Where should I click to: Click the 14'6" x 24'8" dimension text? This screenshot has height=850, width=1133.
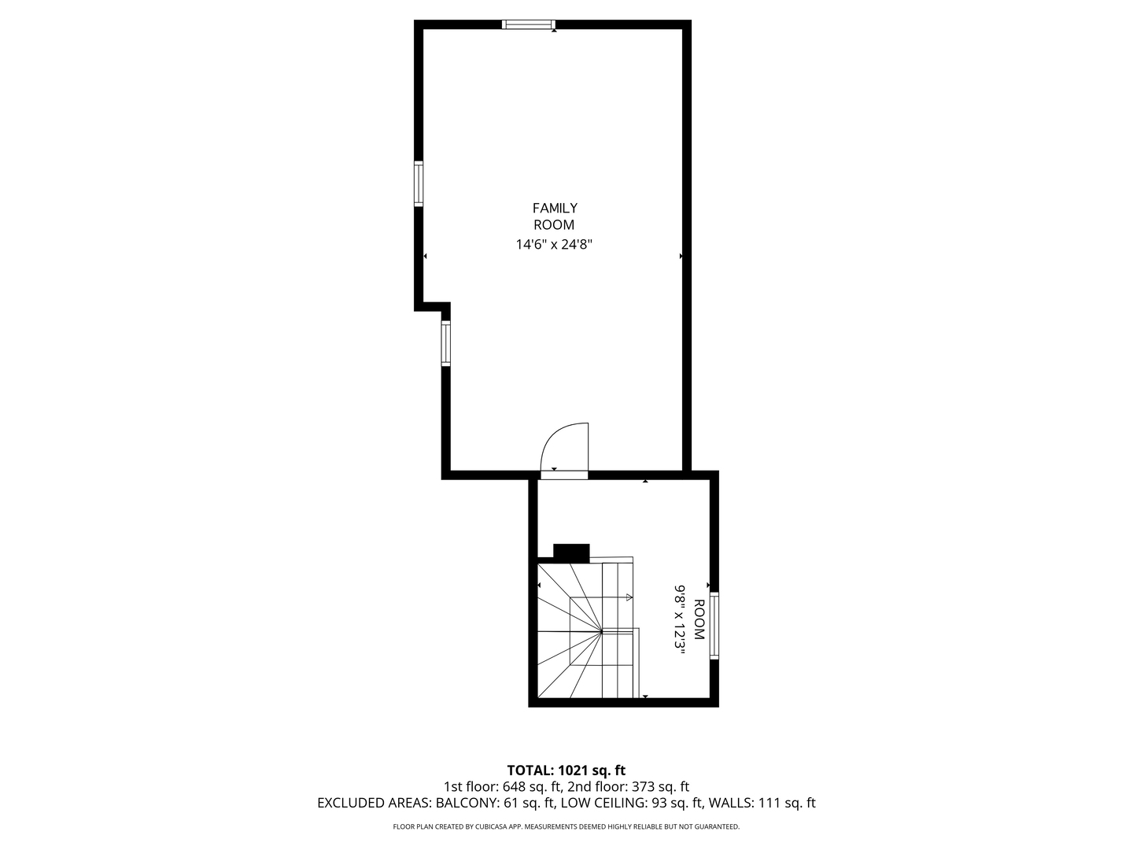click(554, 245)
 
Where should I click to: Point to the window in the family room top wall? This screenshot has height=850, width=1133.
click(529, 24)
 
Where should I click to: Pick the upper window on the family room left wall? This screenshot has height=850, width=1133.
click(419, 183)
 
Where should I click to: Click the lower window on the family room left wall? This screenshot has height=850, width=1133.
click(446, 344)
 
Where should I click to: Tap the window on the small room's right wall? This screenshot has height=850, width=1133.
click(714, 626)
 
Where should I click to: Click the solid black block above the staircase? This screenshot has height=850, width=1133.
click(571, 552)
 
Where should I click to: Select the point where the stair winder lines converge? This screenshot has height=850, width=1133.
click(602, 630)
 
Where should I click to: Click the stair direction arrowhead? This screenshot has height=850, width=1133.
click(629, 597)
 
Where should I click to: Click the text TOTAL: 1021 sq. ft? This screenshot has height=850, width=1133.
click(566, 770)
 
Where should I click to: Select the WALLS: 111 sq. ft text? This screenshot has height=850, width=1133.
click(762, 804)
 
